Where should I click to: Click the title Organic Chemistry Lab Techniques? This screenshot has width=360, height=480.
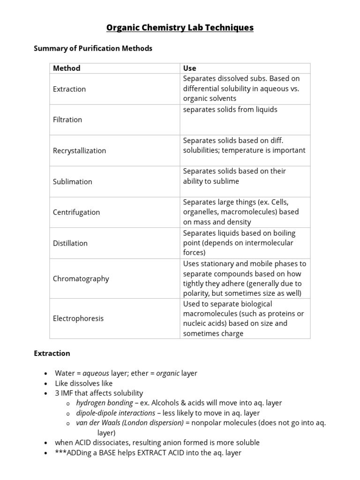pyautogui.click(x=180, y=28)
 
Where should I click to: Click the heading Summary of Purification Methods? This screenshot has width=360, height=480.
pyautogui.click(x=93, y=48)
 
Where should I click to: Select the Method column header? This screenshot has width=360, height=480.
pyautogui.click(x=67, y=68)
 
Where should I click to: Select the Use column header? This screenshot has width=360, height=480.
pyautogui.click(x=189, y=68)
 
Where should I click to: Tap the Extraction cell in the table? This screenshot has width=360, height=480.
pyautogui.click(x=69, y=89)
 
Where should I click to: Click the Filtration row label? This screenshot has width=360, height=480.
pyautogui.click(x=67, y=120)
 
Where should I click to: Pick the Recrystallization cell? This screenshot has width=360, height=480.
pyautogui.click(x=79, y=150)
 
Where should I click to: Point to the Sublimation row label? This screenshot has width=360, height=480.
pyautogui.click(x=73, y=181)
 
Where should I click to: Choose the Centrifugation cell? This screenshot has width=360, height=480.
pyautogui.click(x=76, y=212)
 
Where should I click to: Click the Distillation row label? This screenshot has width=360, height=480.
pyautogui.click(x=70, y=243)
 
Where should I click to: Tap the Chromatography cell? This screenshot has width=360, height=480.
pyautogui.click(x=81, y=278)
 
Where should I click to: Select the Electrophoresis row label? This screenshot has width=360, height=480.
pyautogui.click(x=78, y=318)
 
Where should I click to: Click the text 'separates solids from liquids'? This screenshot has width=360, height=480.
pyautogui.click(x=230, y=110)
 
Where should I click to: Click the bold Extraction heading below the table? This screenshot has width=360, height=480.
pyautogui.click(x=52, y=353)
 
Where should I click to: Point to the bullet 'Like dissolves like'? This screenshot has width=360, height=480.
pyautogui.click(x=84, y=383)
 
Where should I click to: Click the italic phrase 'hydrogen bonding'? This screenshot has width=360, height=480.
pyautogui.click(x=103, y=403)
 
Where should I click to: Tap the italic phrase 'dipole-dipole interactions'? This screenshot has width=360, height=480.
pyautogui.click(x=115, y=413)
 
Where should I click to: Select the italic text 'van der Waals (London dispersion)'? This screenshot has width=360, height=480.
pyautogui.click(x=130, y=423)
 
